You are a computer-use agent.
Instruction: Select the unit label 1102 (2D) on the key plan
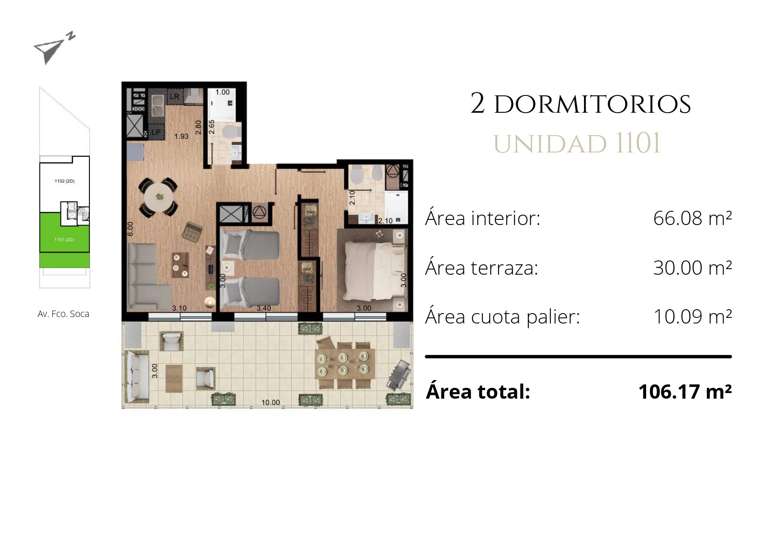point(64,181)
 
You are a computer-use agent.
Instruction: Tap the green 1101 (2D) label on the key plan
point(64,239)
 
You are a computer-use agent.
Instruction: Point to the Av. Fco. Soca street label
point(63,314)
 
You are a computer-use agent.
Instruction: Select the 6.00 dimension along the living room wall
point(130,229)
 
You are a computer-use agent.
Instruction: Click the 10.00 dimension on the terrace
point(270,403)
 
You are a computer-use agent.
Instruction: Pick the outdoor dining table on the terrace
point(343,363)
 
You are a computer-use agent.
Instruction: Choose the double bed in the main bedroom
point(374,270)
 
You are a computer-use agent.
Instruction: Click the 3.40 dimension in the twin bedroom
point(263,308)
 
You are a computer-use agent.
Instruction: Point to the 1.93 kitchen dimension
point(181,136)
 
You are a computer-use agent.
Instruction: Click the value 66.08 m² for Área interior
point(692,218)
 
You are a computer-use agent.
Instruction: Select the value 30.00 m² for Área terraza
point(692,268)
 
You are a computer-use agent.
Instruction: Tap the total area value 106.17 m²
point(685,392)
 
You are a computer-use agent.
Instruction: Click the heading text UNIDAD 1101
point(577,143)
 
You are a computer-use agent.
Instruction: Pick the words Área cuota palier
point(502,317)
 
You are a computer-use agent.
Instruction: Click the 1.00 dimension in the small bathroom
point(222,92)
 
